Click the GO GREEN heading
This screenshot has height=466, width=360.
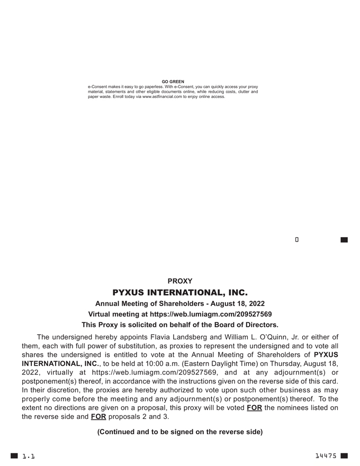click(x=173, y=82)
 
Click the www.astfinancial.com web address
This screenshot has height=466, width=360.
click(x=162, y=97)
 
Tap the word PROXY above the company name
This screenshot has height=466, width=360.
click(x=179, y=281)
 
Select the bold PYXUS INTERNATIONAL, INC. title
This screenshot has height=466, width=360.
click(x=179, y=292)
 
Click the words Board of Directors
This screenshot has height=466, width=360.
click(x=248, y=325)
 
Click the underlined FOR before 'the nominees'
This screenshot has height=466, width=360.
click(x=254, y=408)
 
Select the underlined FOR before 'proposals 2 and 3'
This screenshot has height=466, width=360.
click(x=98, y=417)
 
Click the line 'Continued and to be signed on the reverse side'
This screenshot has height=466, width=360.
click(x=179, y=432)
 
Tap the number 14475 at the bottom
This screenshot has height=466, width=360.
click(x=326, y=456)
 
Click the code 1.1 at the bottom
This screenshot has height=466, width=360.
click(x=28, y=456)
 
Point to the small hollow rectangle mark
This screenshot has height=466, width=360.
click(x=297, y=240)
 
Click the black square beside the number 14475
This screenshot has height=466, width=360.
click(x=344, y=455)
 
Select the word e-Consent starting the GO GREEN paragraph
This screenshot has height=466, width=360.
click(x=98, y=86)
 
